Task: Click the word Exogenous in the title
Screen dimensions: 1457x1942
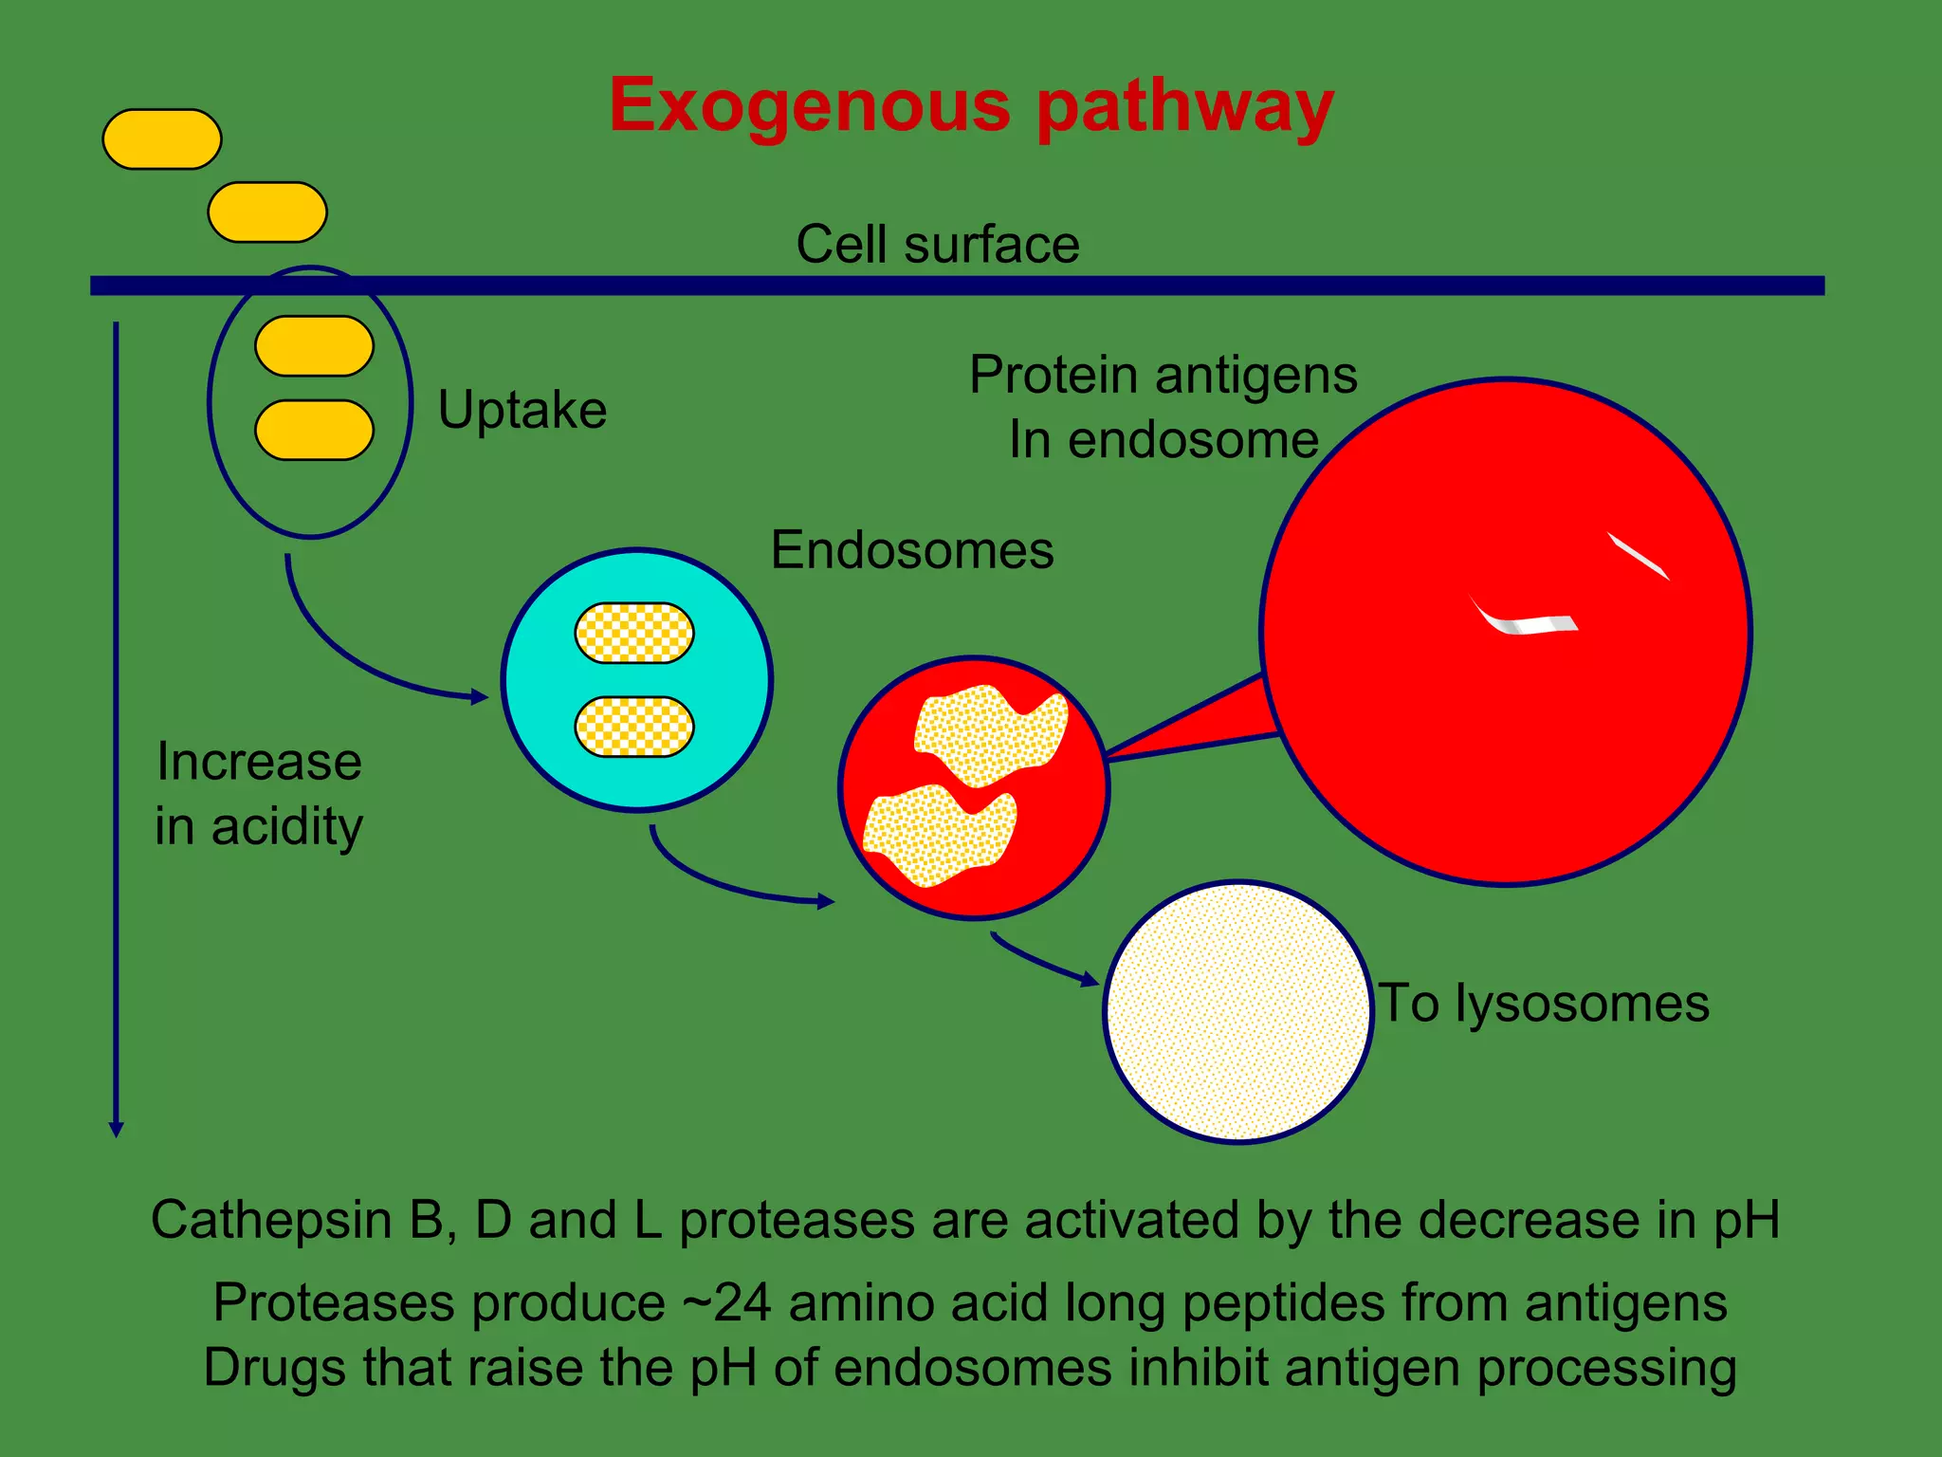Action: pos(809,106)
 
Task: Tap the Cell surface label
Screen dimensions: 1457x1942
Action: pos(937,245)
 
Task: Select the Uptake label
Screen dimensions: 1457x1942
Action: pos(522,410)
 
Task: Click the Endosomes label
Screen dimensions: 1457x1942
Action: pos(911,550)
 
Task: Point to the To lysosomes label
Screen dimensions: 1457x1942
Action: pos(1543,1004)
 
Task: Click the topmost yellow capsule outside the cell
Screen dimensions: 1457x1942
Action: pos(162,139)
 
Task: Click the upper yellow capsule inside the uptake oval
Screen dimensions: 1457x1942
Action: pos(314,346)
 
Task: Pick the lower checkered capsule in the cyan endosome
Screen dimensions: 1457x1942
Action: pos(634,727)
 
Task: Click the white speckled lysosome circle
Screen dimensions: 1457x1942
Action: pos(1237,1012)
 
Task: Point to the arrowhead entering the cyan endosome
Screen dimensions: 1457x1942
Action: pos(481,697)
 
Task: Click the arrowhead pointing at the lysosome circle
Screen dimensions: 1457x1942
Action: pos(1091,980)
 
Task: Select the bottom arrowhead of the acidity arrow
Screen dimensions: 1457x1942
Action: pos(116,1129)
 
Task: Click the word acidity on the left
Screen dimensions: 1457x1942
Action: pos(286,827)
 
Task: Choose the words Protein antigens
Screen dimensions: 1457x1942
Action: pos(1163,375)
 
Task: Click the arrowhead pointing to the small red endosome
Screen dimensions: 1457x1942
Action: pos(826,901)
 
